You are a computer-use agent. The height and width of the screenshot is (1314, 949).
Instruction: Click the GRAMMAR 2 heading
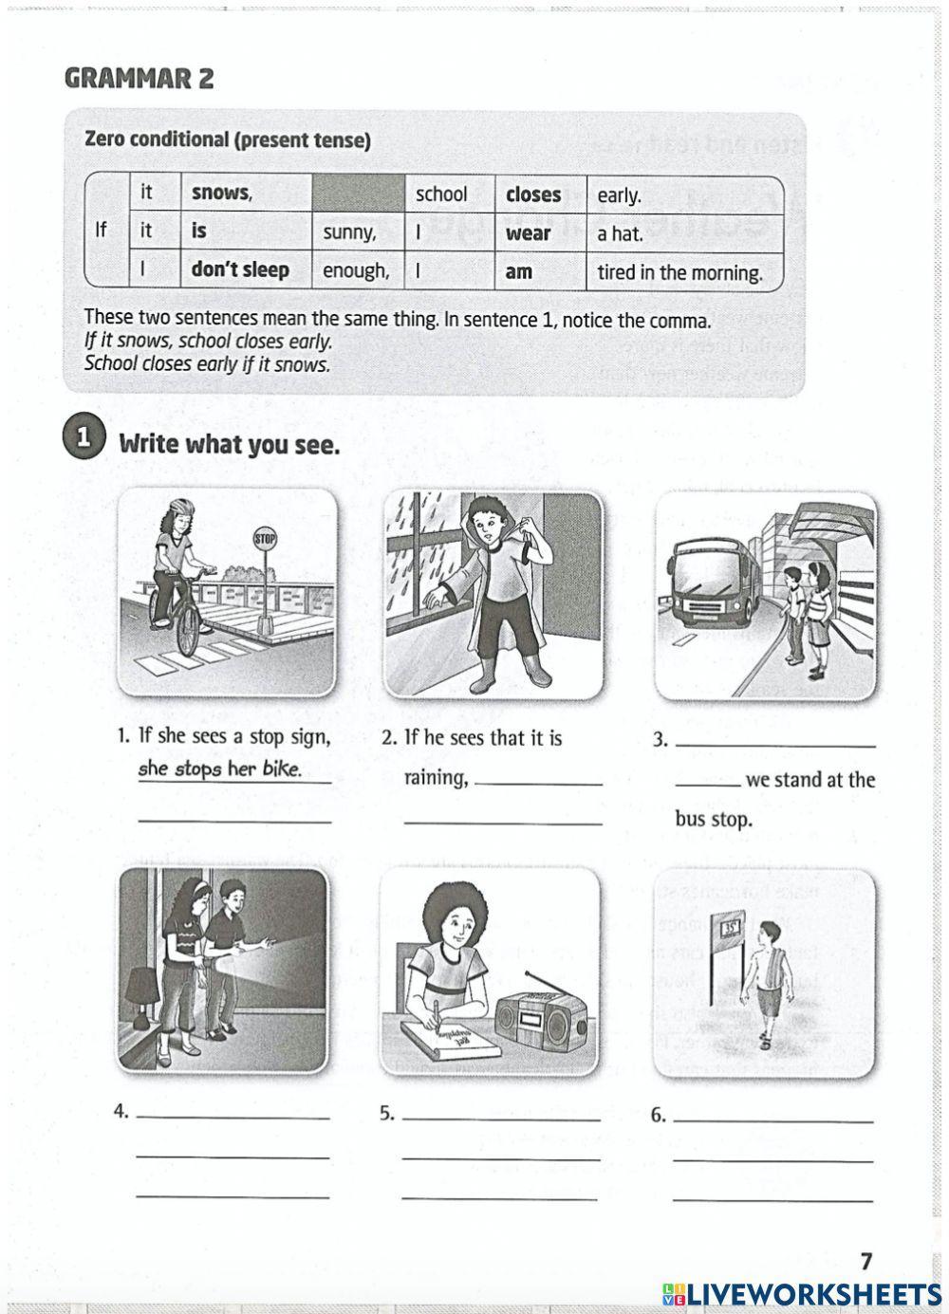point(139,79)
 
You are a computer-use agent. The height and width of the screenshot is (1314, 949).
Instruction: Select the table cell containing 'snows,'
point(245,194)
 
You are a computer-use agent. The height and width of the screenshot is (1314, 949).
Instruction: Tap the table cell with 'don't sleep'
point(245,270)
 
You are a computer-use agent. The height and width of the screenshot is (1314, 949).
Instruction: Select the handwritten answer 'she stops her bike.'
point(220,769)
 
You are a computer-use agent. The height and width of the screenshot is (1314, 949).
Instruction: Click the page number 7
point(865,1261)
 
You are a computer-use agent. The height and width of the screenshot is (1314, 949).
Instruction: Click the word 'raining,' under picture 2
point(437,779)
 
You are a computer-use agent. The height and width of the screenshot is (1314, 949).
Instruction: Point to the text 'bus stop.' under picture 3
point(713,819)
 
